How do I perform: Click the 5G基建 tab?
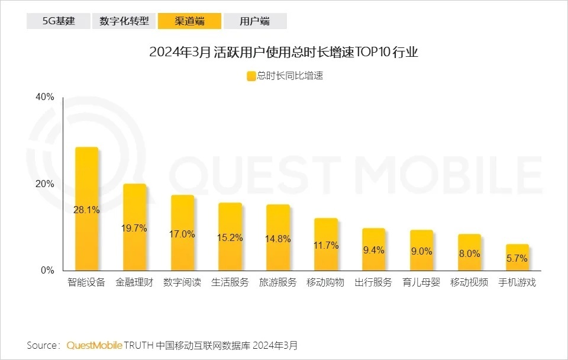click(x=57, y=21)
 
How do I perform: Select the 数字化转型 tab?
click(x=124, y=21)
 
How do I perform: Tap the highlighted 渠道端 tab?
click(x=190, y=21)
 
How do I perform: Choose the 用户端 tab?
click(x=255, y=21)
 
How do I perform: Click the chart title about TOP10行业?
click(x=284, y=52)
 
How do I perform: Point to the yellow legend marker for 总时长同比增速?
click(x=251, y=76)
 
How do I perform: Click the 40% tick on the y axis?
click(x=45, y=97)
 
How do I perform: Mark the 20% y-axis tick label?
click(x=45, y=184)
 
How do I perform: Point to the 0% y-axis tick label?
click(x=47, y=271)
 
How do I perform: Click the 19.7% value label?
click(x=134, y=228)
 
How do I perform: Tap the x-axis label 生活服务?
click(x=230, y=282)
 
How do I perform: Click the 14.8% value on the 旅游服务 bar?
click(x=278, y=239)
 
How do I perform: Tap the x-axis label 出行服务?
click(x=373, y=282)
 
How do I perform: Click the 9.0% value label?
click(x=421, y=251)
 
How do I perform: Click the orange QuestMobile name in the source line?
click(x=95, y=345)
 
